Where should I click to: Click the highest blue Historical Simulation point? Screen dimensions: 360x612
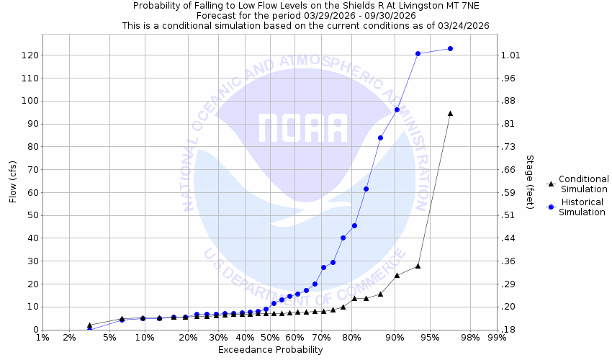(450, 48)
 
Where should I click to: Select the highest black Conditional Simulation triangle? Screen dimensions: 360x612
(450, 113)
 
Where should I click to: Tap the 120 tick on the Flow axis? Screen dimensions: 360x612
(30, 55)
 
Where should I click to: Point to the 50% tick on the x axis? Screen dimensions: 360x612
(270, 338)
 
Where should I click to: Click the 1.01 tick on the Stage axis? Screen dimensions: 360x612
(510, 55)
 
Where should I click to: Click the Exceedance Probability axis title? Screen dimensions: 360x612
(270, 350)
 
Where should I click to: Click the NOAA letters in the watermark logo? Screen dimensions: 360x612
(303, 128)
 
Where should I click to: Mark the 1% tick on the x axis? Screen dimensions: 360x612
(42, 338)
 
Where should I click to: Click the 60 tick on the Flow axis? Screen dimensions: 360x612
(30, 192)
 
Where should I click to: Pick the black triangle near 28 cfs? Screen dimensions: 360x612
(418, 266)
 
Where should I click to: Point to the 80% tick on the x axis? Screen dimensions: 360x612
(352, 338)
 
